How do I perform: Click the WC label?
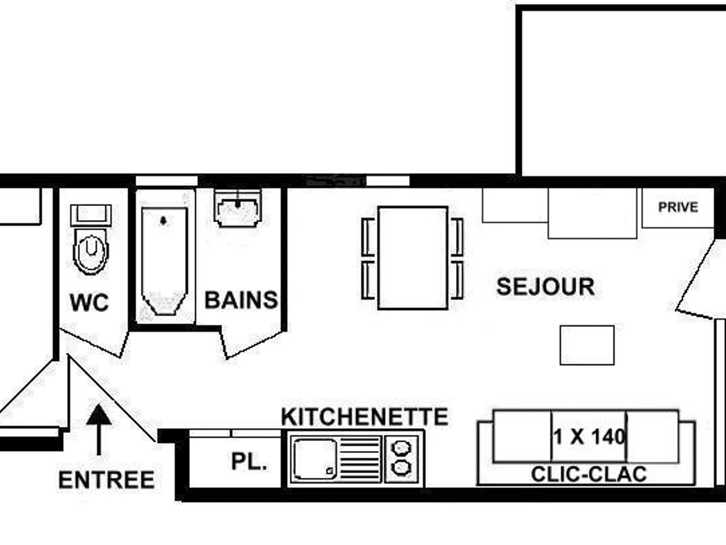pos(90,302)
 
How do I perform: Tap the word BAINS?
pos(241,300)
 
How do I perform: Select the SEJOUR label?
pos(545,286)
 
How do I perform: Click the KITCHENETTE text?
pos(365,417)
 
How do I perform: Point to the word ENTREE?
pos(106,480)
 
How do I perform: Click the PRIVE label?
pos(678,207)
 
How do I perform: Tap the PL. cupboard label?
pos(249,462)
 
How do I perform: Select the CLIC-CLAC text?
pos(589,474)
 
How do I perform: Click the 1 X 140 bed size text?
pos(589,436)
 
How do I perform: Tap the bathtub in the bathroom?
pos(163,260)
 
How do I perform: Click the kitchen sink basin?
pos(314,458)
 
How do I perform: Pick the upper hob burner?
pos(401,448)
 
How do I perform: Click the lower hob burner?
pos(401,468)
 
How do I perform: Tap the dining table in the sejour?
pos(413,257)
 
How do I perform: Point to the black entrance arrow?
pos(99,427)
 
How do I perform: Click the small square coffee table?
pos(587,345)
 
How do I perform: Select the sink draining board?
pos(360,458)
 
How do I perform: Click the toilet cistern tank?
pos(91,216)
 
